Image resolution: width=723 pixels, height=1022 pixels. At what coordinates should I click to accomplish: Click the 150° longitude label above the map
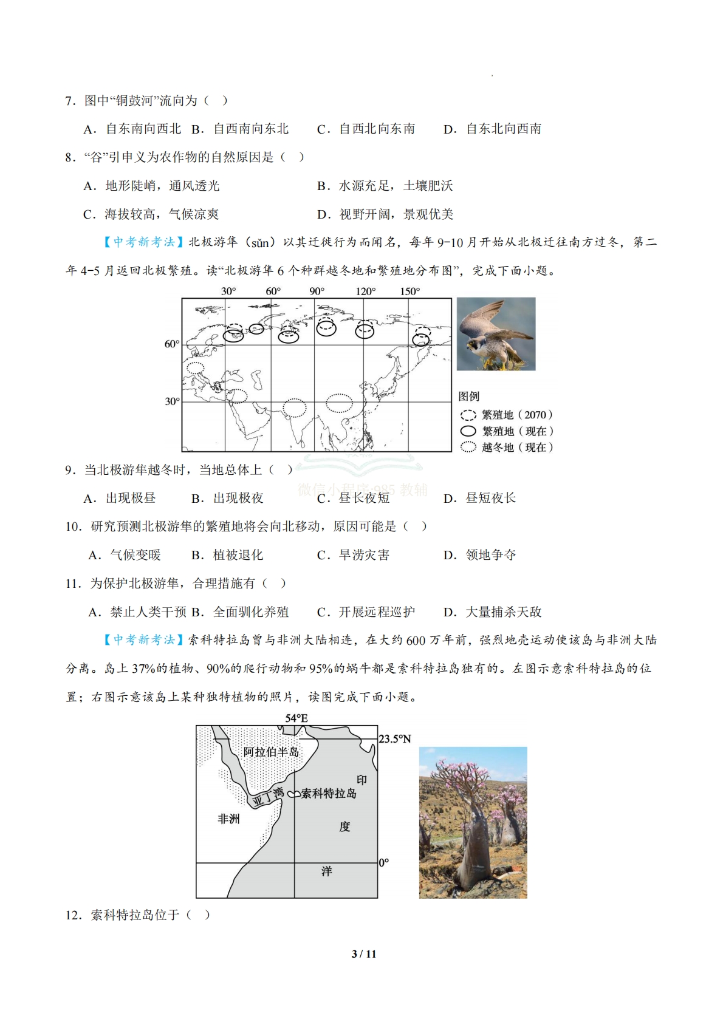[409, 291]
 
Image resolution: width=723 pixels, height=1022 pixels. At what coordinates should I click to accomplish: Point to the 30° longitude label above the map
[228, 291]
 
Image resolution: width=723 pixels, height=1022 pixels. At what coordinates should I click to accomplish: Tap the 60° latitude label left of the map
[172, 344]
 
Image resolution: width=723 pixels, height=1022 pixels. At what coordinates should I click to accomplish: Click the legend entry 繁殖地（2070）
[507, 415]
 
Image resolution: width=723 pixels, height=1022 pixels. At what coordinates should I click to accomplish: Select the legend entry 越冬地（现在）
[507, 448]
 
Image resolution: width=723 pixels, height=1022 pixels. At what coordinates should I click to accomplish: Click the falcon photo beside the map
[496, 334]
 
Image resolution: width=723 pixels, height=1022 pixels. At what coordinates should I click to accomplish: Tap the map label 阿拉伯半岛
[271, 752]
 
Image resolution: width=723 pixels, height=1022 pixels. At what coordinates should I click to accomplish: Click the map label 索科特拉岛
[329, 794]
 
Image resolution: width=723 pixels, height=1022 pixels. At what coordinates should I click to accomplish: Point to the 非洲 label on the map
[228, 819]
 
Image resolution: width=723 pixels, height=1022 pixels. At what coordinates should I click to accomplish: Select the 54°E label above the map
[296, 718]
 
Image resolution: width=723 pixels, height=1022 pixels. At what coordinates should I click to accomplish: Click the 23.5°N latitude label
[395, 739]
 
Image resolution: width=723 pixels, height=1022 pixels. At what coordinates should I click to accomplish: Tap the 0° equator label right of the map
[384, 863]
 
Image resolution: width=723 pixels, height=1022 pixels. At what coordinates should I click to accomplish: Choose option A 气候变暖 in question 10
[125, 555]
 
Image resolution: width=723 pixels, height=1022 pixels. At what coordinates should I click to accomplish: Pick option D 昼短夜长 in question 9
[479, 499]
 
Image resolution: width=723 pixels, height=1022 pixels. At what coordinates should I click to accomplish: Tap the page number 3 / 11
[364, 954]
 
